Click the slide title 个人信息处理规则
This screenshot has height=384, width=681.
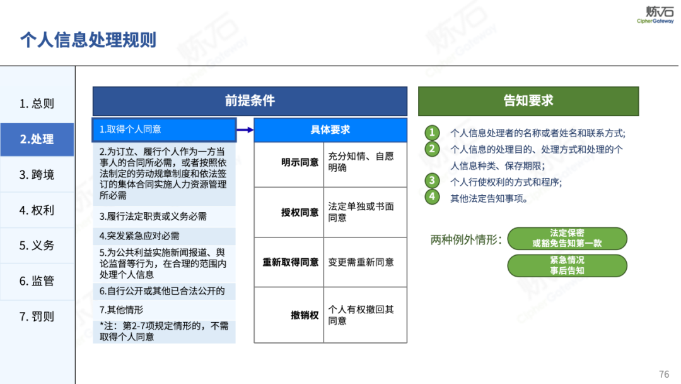88,40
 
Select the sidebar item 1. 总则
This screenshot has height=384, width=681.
37,104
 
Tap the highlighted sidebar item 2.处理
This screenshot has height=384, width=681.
37,139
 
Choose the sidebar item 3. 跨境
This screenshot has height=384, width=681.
37,175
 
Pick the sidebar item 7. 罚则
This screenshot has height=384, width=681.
37,316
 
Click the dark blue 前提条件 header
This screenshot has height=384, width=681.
250,101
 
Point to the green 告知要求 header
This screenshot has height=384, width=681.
528,101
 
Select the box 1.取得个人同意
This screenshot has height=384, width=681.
164,129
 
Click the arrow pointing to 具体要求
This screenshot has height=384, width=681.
245,129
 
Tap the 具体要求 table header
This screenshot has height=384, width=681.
330,129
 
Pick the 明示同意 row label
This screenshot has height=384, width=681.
300,162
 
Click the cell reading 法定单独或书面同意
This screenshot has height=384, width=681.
361,212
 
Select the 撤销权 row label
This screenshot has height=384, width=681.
305,315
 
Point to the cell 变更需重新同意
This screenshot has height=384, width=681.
361,262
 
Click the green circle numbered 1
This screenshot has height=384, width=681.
432,133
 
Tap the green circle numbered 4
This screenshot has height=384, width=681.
432,197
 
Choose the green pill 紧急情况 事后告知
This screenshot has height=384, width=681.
567,265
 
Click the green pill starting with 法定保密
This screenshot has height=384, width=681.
567,238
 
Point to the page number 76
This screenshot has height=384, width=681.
664,374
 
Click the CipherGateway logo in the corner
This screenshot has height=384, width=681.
655,15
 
